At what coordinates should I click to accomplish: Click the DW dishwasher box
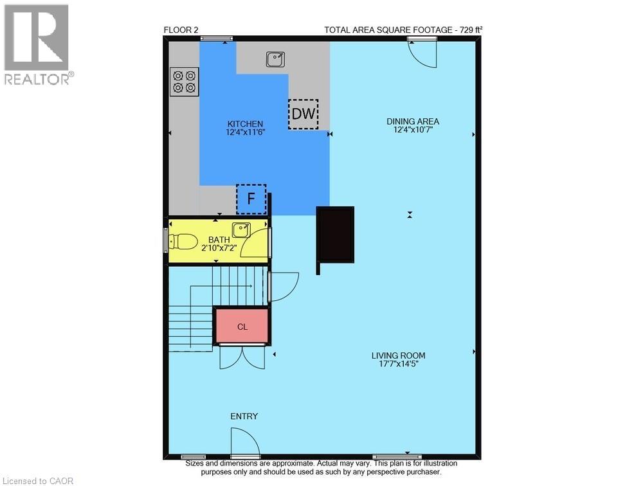[303, 114]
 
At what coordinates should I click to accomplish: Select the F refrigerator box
[251, 199]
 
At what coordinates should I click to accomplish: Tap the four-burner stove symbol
[184, 82]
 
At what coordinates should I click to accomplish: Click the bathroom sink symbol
[241, 228]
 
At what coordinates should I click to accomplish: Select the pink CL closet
[241, 327]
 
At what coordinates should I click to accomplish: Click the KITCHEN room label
[245, 124]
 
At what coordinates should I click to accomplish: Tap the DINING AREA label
[412, 121]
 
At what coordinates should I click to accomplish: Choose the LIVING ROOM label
[398, 355]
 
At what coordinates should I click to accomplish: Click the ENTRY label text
[244, 417]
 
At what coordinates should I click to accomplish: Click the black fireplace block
[336, 235]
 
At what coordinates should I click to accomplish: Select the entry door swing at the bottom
[245, 442]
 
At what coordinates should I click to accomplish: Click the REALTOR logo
[37, 45]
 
